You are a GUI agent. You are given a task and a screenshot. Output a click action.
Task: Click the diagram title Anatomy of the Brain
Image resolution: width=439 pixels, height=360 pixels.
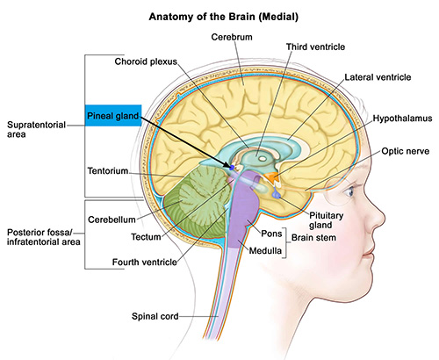click(x=224, y=17)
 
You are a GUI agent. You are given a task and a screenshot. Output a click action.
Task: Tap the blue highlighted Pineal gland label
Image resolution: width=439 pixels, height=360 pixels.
click(x=113, y=116)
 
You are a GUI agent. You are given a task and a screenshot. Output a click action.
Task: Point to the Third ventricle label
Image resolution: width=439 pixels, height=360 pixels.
click(x=315, y=47)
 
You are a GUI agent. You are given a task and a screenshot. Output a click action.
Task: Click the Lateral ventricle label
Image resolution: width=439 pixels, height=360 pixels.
click(x=378, y=77)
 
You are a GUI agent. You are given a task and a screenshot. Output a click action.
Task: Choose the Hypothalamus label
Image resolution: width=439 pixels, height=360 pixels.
click(x=402, y=119)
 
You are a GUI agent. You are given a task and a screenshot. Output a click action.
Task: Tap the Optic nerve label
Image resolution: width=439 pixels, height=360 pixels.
click(x=406, y=151)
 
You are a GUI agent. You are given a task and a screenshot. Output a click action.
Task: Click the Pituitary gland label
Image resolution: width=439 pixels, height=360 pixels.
click(x=326, y=220)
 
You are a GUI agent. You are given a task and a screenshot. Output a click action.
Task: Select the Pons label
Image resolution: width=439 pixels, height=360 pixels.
click(x=271, y=234)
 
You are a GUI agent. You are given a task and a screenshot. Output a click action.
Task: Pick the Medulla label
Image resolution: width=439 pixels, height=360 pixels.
click(x=265, y=250)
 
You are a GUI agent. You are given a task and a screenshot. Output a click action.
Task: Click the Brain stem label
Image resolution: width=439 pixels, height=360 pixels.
click(x=313, y=238)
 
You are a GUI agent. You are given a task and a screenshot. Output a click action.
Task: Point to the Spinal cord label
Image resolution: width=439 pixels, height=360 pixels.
click(x=155, y=316)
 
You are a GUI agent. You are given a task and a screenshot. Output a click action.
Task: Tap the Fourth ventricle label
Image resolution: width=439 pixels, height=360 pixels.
click(x=145, y=262)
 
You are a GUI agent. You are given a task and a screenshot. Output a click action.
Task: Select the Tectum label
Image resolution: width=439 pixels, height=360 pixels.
click(x=146, y=237)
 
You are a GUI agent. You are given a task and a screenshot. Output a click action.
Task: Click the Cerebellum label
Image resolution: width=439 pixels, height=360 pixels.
click(x=112, y=220)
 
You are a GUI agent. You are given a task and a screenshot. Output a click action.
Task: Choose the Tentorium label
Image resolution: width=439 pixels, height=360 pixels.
click(x=108, y=170)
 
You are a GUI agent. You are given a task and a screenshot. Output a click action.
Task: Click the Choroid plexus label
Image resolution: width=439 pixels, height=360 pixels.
click(x=146, y=61)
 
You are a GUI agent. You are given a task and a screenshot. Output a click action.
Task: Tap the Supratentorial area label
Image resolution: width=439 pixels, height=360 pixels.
click(x=36, y=129)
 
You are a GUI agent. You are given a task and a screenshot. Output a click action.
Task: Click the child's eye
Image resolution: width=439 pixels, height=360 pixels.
click(x=349, y=191)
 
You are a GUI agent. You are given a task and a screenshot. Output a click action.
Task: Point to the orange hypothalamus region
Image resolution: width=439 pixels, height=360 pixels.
click(x=271, y=177)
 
